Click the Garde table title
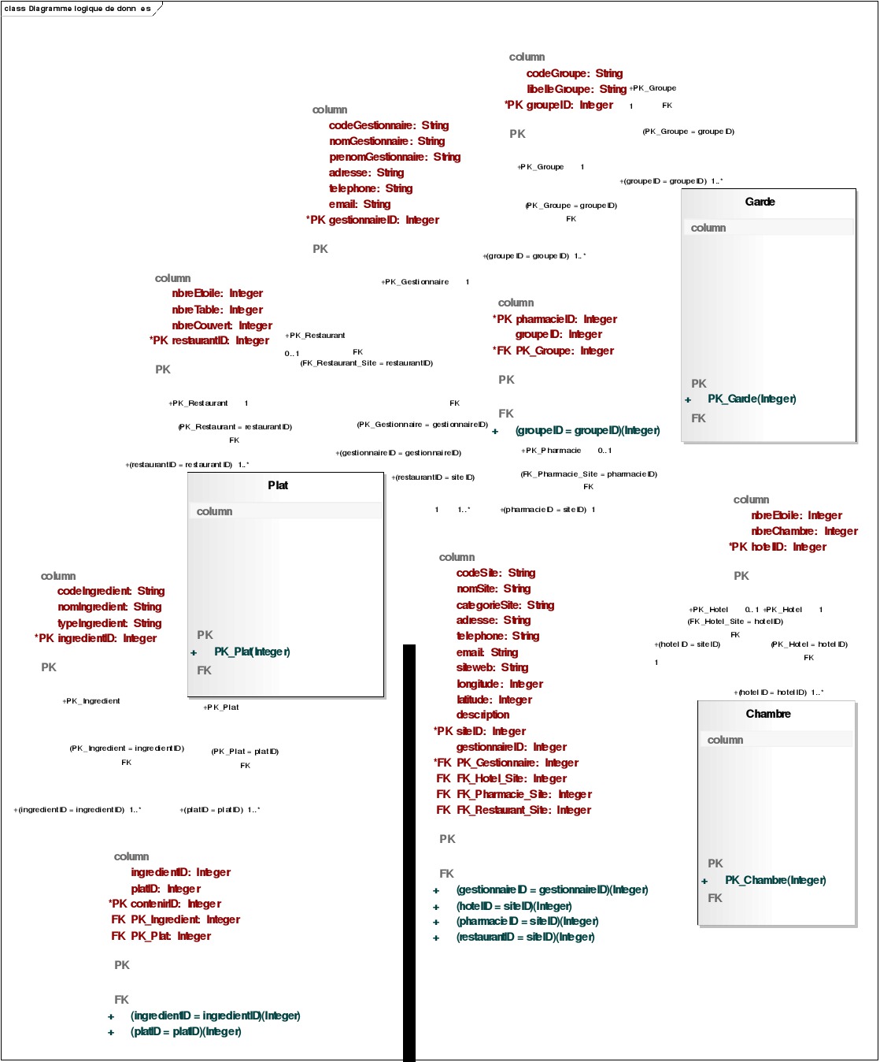point(760,202)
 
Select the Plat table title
point(278,485)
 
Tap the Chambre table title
point(768,714)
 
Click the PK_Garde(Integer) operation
point(752,399)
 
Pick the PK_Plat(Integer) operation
point(252,652)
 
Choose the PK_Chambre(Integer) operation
point(775,880)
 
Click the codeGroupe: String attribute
point(574,73)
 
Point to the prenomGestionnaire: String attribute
point(394,157)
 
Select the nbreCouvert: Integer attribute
point(222,325)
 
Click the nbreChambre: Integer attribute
point(804,531)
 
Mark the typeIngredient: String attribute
point(109,623)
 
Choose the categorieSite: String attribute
point(505,605)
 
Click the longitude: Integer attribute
point(499,684)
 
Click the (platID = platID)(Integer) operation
point(186,1031)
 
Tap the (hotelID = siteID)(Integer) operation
point(514,906)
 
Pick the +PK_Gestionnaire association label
point(416,281)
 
